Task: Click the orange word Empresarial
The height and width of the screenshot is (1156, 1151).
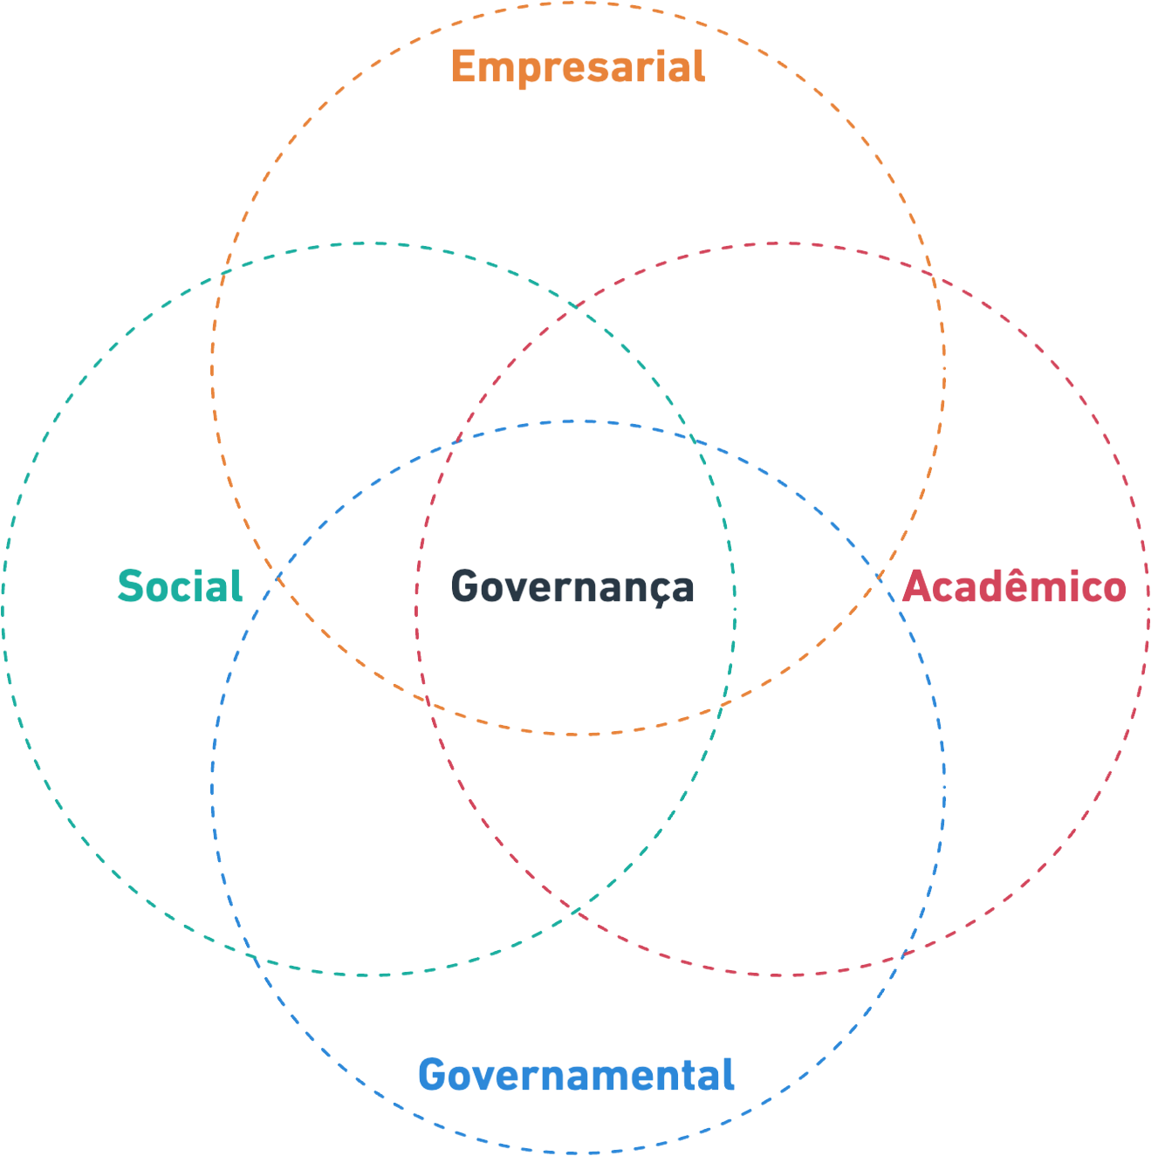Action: [578, 66]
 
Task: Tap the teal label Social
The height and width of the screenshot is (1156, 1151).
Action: [180, 585]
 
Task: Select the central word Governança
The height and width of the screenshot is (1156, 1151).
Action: [572, 586]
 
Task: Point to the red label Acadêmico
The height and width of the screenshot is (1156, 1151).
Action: [1013, 586]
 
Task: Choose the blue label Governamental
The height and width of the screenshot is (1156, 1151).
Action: [577, 1074]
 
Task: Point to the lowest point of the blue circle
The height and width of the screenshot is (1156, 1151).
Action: [577, 1153]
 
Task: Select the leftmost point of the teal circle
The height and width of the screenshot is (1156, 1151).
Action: [4, 608]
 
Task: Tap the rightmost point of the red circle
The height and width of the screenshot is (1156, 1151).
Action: [1148, 608]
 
